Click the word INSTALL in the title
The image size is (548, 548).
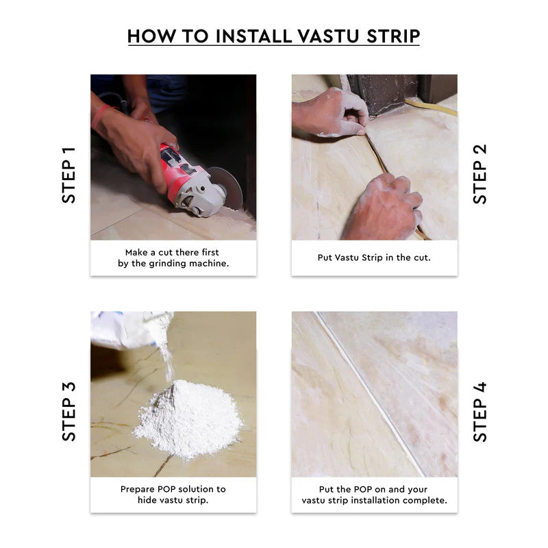pyautogui.click(x=247, y=36)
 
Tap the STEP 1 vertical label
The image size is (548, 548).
pyautogui.click(x=69, y=175)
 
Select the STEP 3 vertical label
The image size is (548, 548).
pyautogui.click(x=69, y=411)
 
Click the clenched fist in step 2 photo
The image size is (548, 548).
pyautogui.click(x=384, y=206)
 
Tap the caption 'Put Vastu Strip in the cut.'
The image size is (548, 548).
pyautogui.click(x=374, y=258)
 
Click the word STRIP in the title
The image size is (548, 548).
pyautogui.click(x=390, y=36)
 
